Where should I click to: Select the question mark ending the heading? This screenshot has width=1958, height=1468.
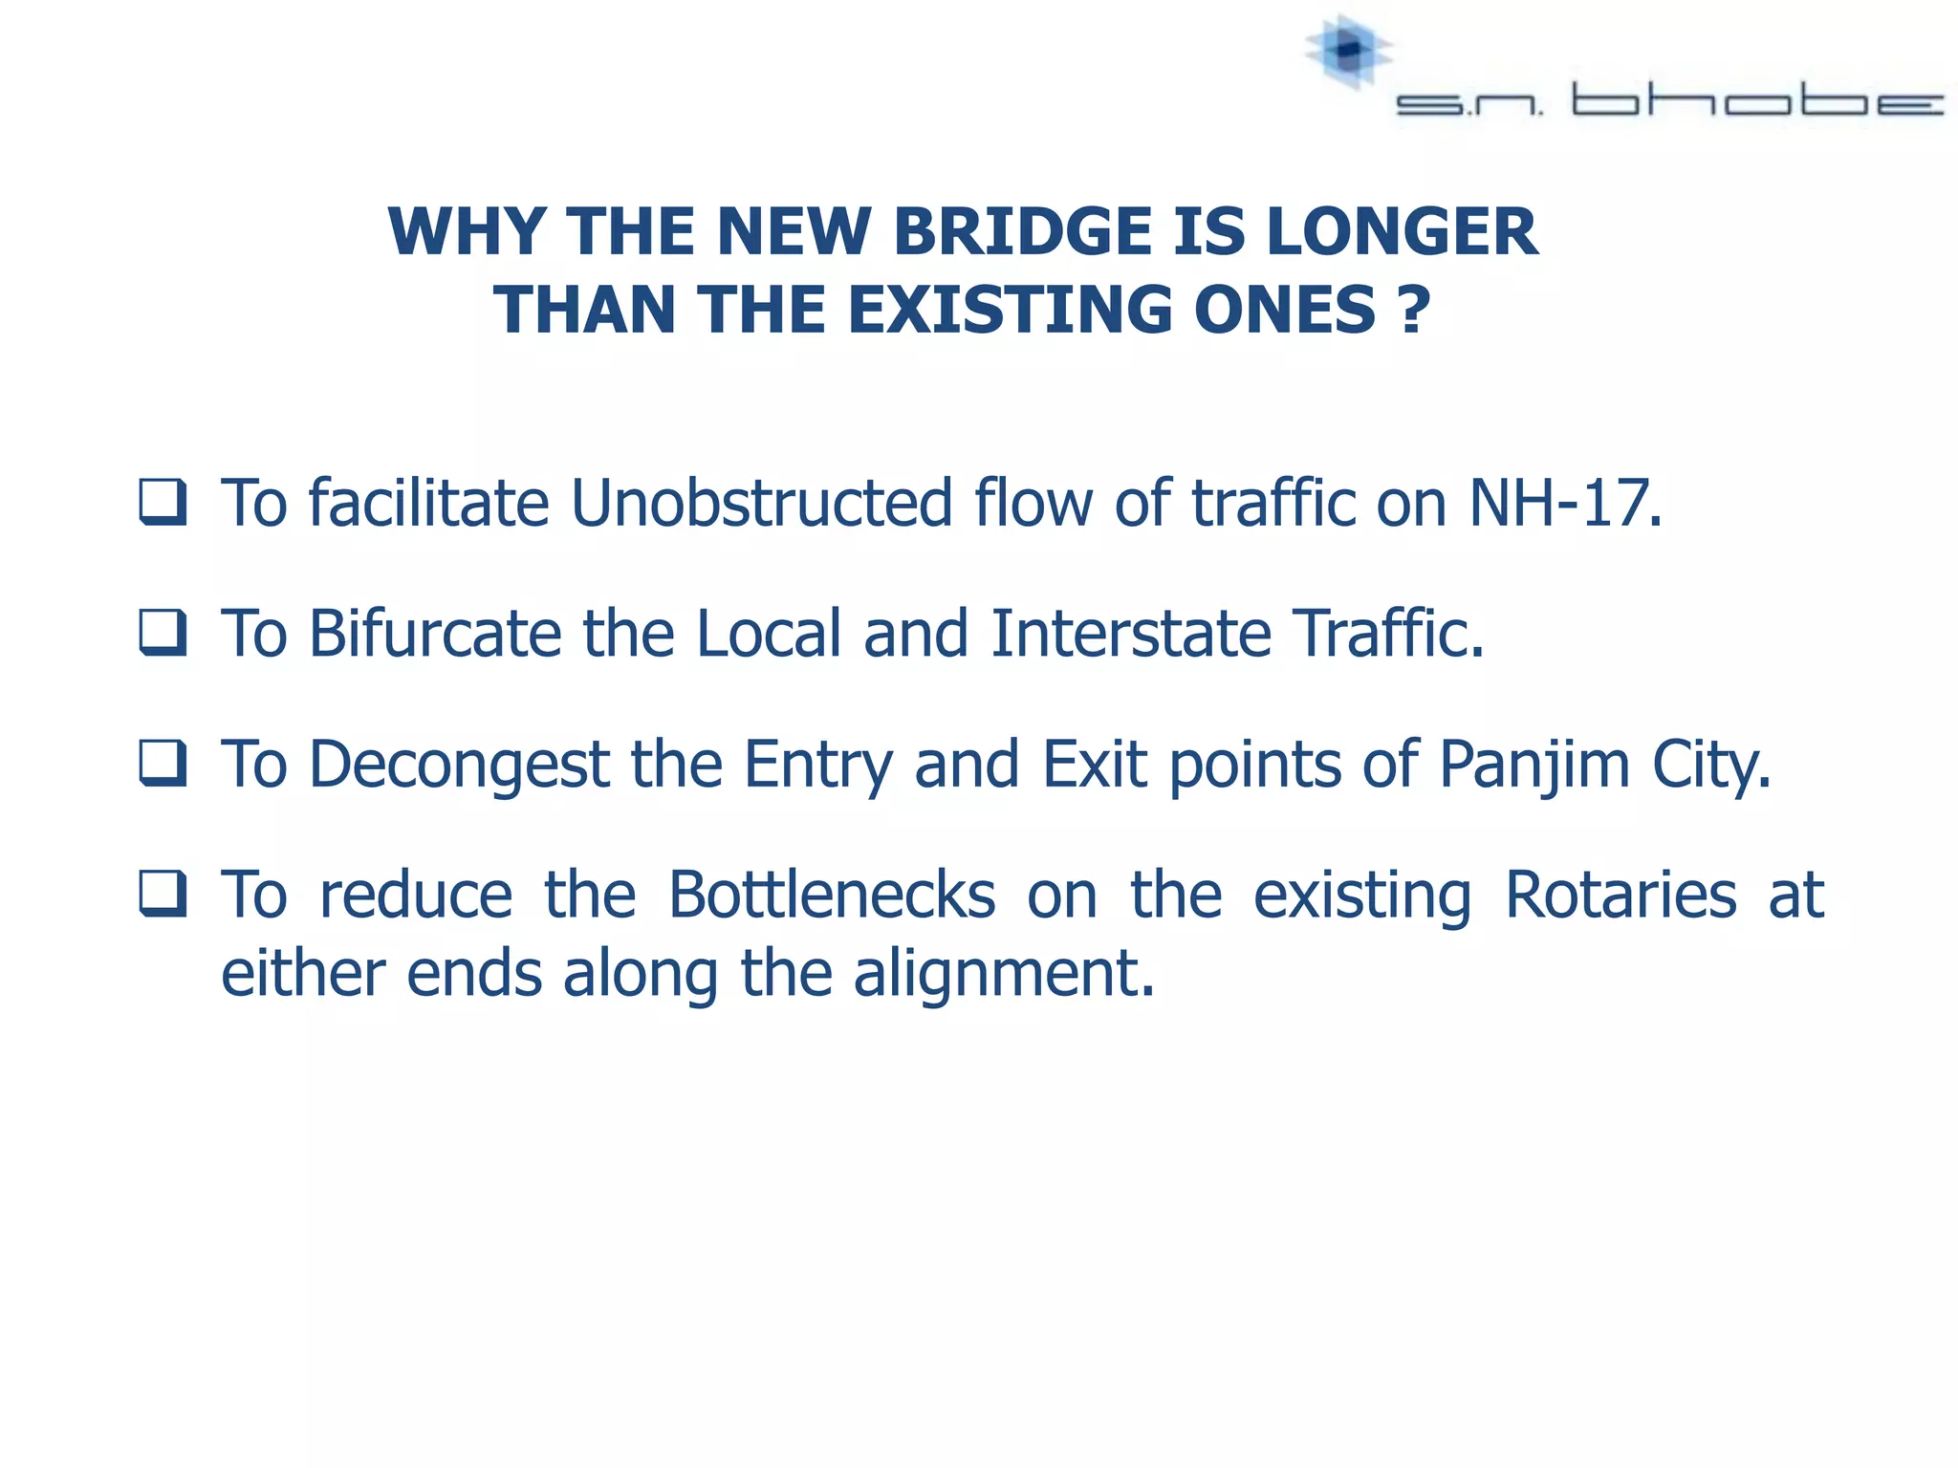[x=1413, y=311]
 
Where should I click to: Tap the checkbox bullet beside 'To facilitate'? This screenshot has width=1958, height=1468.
[x=163, y=502]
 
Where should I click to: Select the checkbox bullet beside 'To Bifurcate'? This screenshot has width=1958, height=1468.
[x=163, y=633]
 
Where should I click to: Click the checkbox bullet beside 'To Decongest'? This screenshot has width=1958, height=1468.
[x=163, y=764]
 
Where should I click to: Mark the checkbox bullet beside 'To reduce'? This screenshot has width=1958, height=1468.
[x=163, y=895]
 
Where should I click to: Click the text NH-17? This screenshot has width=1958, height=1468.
[x=1565, y=503]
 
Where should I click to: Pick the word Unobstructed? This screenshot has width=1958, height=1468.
[x=762, y=503]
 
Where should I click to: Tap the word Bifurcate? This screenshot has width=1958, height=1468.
[x=435, y=634]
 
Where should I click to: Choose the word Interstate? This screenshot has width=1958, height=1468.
[x=1131, y=634]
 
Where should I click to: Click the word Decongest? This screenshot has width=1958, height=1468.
[x=459, y=765]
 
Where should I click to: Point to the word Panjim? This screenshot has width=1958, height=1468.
[x=1534, y=765]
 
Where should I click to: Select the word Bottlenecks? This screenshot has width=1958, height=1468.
[x=832, y=896]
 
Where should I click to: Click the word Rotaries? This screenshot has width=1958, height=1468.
[x=1621, y=896]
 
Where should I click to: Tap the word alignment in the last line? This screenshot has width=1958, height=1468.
[x=1004, y=974]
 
